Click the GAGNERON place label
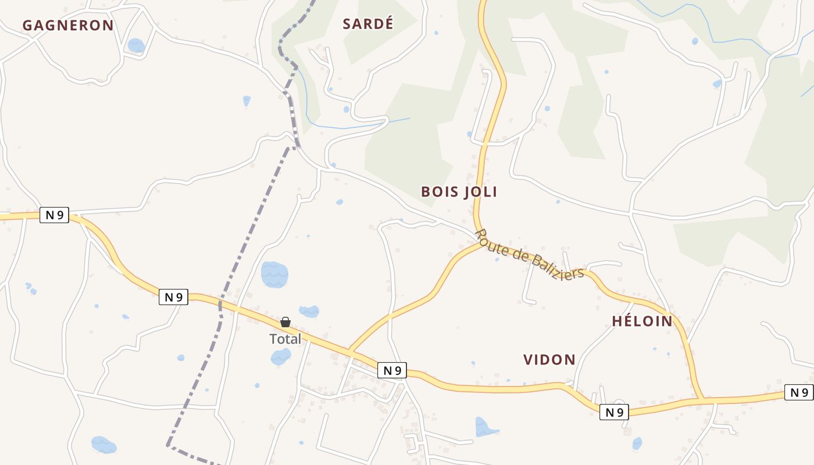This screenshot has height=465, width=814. click(x=67, y=25)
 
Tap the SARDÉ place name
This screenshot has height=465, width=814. click(x=368, y=24)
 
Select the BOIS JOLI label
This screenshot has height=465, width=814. click(x=459, y=192)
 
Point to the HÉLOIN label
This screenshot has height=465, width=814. click(x=642, y=321)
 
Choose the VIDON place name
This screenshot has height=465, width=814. click(x=549, y=360)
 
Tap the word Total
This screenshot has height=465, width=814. click(x=285, y=339)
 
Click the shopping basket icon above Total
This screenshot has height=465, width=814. click(x=285, y=322)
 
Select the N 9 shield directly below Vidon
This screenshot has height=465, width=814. click(x=615, y=412)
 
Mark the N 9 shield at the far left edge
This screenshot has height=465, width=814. click(x=54, y=215)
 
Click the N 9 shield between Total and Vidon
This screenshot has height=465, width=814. click(x=392, y=370)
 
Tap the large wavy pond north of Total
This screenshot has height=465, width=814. click(x=274, y=274)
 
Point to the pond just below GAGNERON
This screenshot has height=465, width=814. click(x=136, y=45)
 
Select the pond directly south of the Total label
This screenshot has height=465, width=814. click(x=281, y=357)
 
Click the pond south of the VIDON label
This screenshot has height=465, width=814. click(x=485, y=427)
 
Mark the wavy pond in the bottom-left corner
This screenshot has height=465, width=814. click(x=103, y=445)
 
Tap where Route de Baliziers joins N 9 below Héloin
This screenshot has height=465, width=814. click(x=702, y=400)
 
